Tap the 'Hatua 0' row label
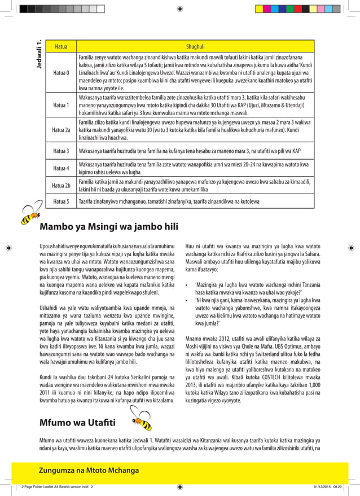(61, 73)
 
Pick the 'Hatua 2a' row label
(61, 130)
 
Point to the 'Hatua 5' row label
(61, 201)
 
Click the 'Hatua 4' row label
(61, 168)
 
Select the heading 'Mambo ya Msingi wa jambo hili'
(109, 227)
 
